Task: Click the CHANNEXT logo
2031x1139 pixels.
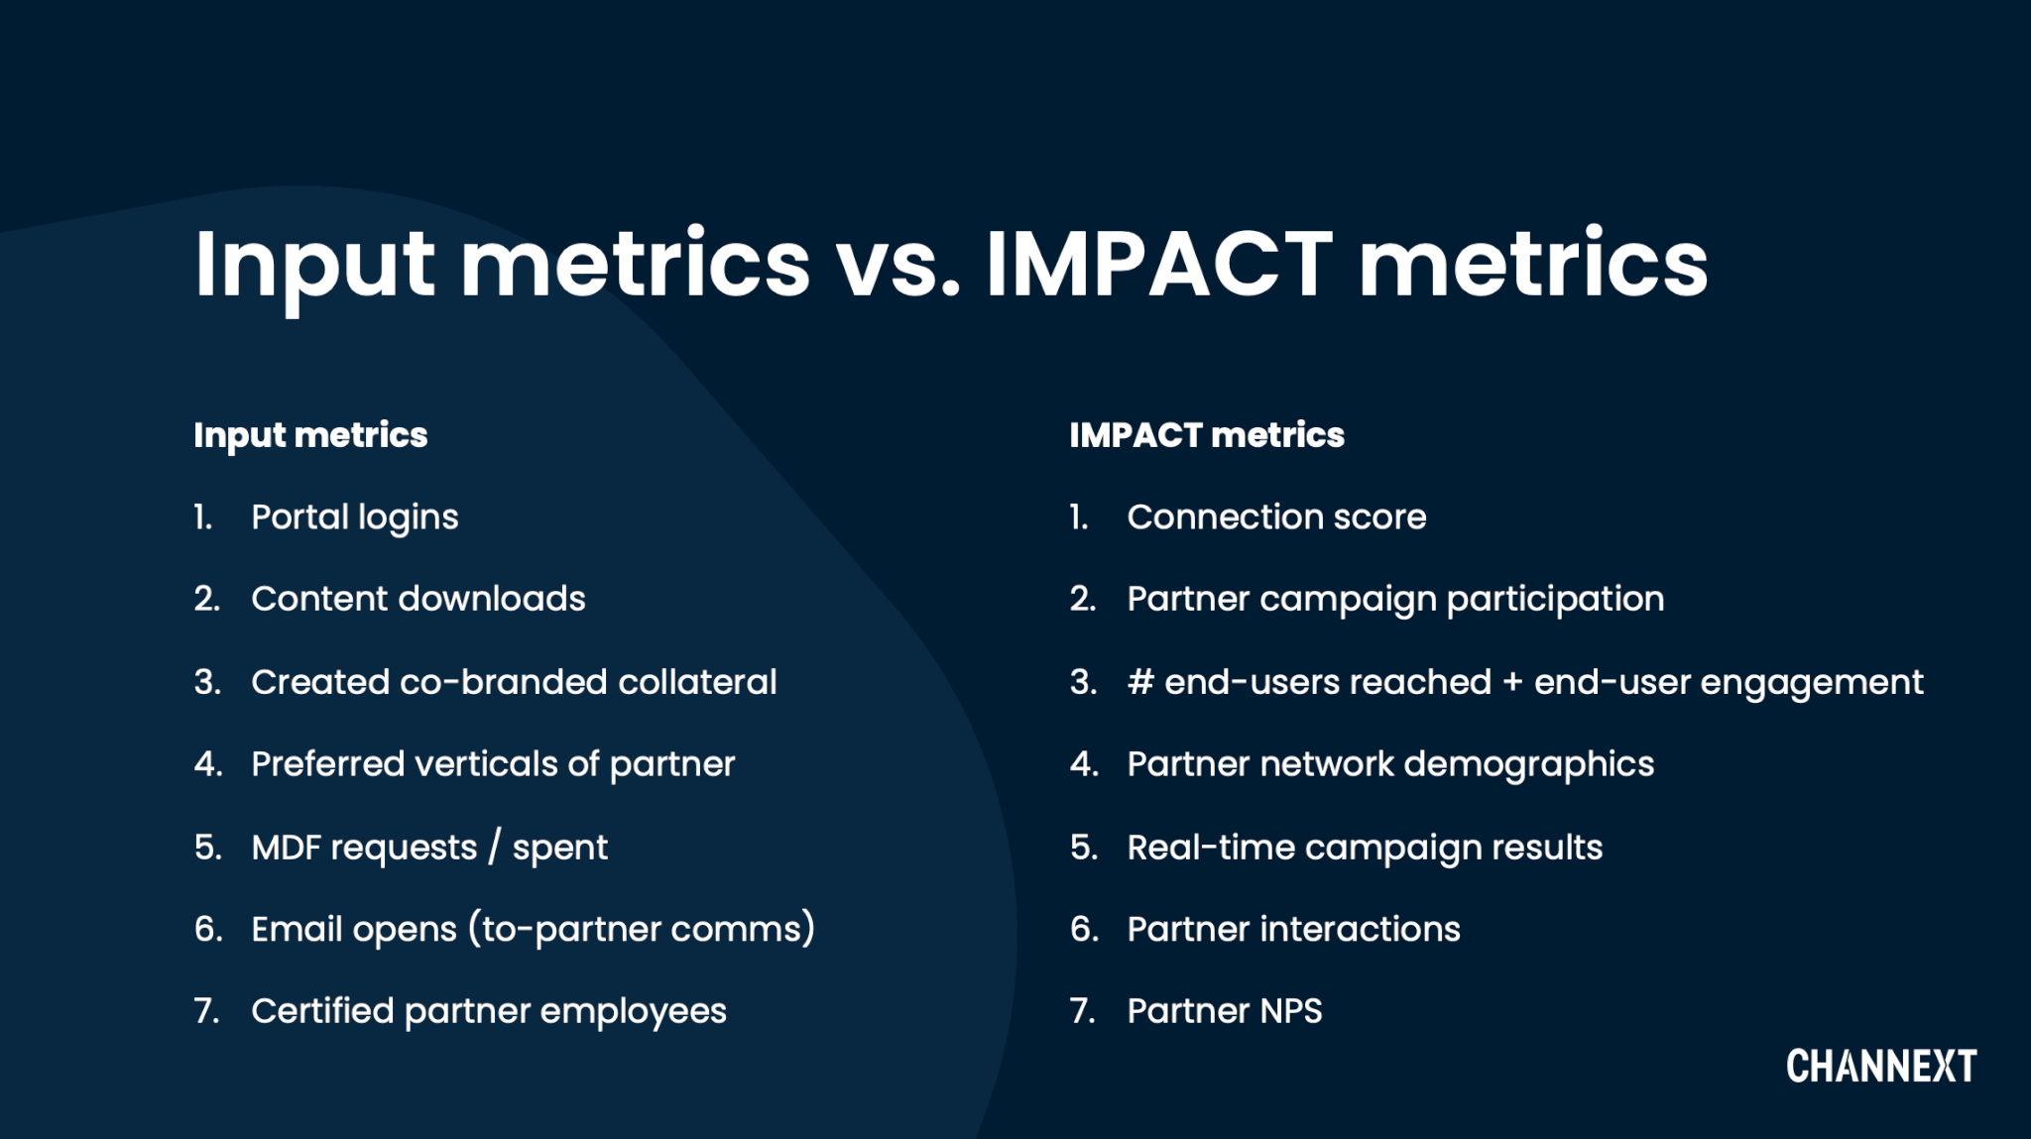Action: (x=1880, y=1067)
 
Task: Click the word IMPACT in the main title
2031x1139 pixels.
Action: (x=1158, y=264)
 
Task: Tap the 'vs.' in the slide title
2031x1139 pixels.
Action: (x=898, y=266)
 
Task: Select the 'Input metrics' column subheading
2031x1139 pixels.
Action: (x=310, y=435)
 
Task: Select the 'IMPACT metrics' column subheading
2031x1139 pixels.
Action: (x=1206, y=435)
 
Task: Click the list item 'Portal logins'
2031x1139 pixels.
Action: (x=354, y=517)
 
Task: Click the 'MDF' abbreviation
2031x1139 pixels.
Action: (x=286, y=848)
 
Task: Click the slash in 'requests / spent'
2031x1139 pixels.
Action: (x=494, y=848)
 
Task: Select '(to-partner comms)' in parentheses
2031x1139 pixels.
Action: (x=641, y=929)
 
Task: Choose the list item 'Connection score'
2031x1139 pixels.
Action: (x=1275, y=517)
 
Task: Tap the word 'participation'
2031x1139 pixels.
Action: (x=1555, y=600)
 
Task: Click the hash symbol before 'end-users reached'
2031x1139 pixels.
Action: (x=1139, y=682)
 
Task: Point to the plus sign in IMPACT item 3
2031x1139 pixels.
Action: (x=1511, y=683)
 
